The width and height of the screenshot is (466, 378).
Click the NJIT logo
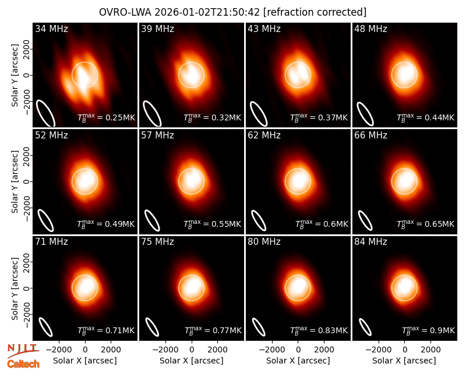coord(23,351)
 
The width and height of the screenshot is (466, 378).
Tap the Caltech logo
coord(23,364)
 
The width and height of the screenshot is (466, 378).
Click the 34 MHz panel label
coord(51,28)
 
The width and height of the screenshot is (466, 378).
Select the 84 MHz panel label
coord(370,242)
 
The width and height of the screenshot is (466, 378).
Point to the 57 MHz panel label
coord(157,135)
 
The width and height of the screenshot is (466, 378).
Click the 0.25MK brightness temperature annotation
coord(107,117)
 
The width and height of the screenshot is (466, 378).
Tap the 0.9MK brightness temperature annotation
coord(428,330)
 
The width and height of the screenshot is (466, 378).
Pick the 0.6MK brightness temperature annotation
coord(322,224)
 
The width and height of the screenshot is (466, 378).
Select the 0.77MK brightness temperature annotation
coord(213,330)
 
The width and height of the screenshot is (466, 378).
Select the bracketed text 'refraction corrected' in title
coord(315,12)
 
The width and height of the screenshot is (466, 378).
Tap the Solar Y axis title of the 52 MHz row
coord(15,181)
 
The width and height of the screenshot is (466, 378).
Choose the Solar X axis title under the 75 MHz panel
coord(192,361)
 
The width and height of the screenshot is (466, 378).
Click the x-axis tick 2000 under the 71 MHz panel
coord(111,350)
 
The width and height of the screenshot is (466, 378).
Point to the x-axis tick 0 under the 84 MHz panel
coord(404,350)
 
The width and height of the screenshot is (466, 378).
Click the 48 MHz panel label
coord(370,28)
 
